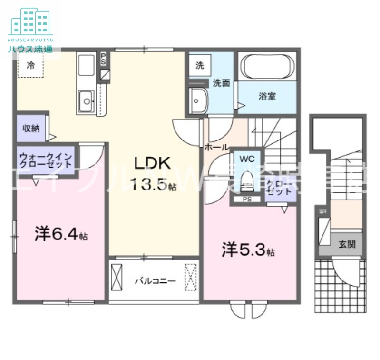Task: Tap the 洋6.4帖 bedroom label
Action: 60,234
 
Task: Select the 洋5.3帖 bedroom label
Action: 248,250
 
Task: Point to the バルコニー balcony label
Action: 155,281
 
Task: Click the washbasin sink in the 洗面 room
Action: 198,100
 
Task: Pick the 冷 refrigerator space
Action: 31,65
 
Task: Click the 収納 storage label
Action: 31,128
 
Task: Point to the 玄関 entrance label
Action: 347,245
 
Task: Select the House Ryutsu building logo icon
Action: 30,21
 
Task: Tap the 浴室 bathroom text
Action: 267,96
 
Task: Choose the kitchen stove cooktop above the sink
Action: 86,65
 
